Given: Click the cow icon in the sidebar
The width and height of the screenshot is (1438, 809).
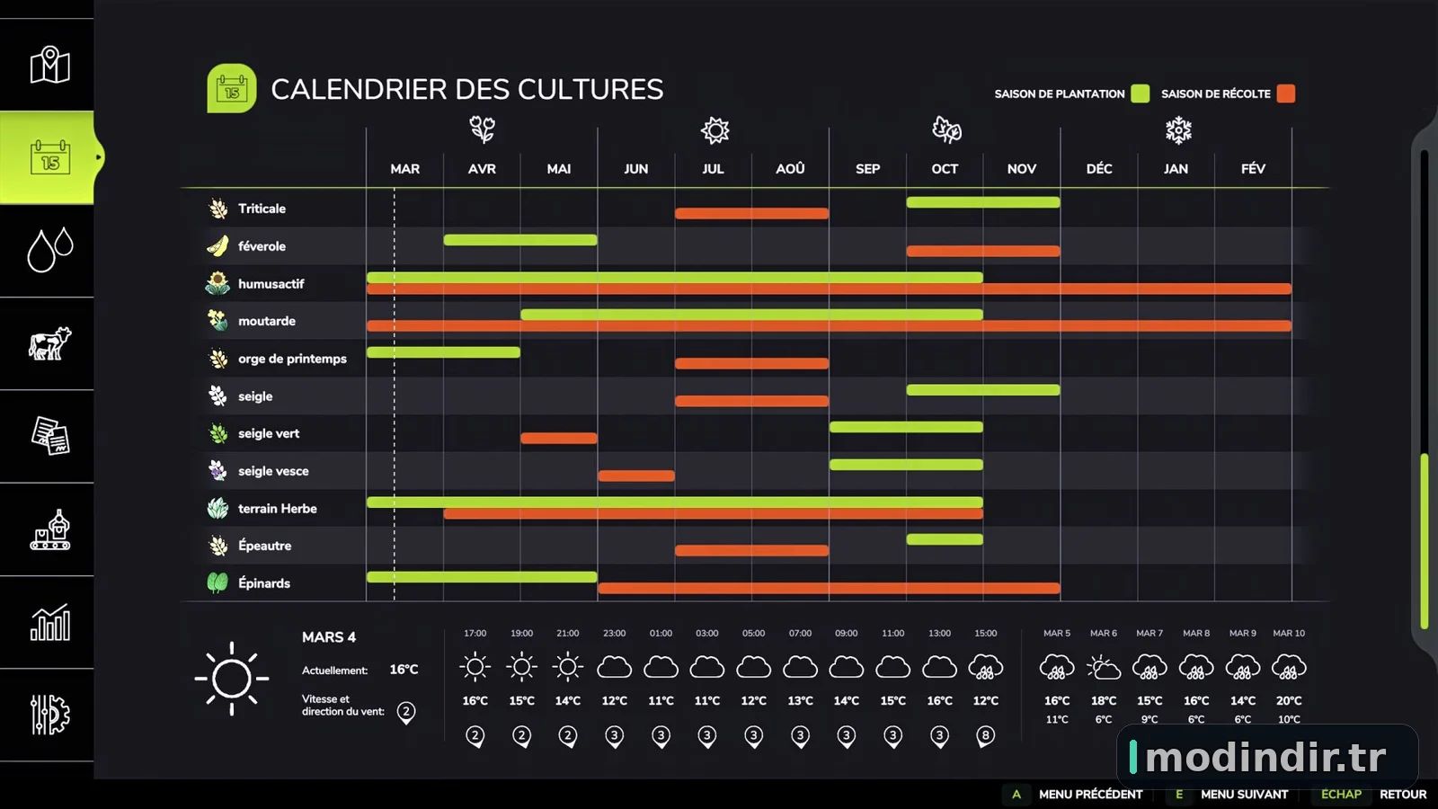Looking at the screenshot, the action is click(49, 342).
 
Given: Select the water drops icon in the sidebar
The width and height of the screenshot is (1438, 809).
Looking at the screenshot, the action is click(49, 249).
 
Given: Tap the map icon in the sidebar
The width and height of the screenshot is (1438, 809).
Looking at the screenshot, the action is click(49, 65).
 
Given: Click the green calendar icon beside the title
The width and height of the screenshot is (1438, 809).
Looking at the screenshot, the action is click(232, 88).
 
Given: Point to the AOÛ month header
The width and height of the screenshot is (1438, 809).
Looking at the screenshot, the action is click(790, 169).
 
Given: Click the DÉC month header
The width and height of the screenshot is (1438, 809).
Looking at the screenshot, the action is click(1098, 169).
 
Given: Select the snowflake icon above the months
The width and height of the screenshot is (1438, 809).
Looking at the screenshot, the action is click(1178, 130).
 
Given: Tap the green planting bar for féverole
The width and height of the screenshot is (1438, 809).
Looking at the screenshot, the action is click(520, 240).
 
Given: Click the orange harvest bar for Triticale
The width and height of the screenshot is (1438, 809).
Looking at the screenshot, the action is click(751, 213).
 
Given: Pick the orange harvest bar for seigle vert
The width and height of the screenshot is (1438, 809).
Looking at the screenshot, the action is click(558, 438).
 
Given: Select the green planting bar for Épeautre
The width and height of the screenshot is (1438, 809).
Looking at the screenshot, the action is click(945, 539).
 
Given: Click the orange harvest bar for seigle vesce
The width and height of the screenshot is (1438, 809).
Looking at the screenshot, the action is click(636, 476).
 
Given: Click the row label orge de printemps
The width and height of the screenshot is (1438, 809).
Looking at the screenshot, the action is click(292, 359).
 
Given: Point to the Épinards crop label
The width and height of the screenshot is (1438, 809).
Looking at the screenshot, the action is click(264, 583).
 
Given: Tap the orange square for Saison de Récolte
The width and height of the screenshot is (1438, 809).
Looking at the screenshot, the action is click(1286, 93).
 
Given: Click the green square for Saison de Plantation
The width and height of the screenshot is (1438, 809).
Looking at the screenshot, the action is click(1141, 93).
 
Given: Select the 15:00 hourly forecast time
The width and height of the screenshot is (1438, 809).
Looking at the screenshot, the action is click(985, 633).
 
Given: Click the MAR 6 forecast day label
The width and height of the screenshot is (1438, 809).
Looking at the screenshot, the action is click(1103, 633).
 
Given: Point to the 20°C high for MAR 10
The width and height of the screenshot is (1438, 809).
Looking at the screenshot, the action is click(1289, 700).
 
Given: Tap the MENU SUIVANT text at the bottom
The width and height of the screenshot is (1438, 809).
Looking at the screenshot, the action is click(1244, 795).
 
